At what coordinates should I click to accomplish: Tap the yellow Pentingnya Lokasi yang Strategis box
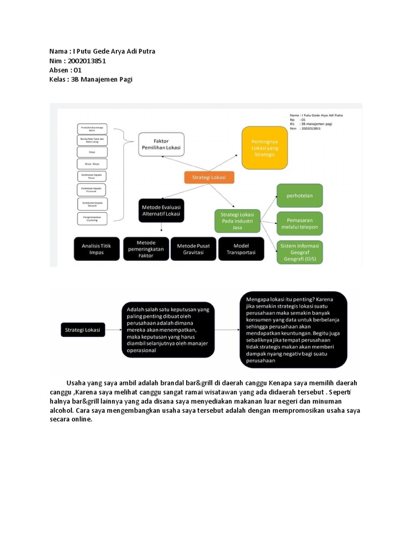[263, 147]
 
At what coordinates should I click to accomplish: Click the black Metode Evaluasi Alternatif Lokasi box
[161, 210]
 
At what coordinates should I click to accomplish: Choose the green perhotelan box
[299, 196]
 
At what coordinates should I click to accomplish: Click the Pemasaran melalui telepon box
[299, 223]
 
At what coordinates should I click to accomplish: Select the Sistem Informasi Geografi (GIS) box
[299, 252]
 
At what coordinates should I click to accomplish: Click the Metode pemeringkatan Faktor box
[145, 249]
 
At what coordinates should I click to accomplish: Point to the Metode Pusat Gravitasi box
[193, 249]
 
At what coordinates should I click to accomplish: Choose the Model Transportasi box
[241, 249]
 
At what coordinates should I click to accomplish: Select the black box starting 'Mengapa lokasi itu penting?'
[293, 329]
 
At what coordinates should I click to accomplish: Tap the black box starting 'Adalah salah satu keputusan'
[168, 329]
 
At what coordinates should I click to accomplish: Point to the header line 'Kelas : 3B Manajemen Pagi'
[90, 79]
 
